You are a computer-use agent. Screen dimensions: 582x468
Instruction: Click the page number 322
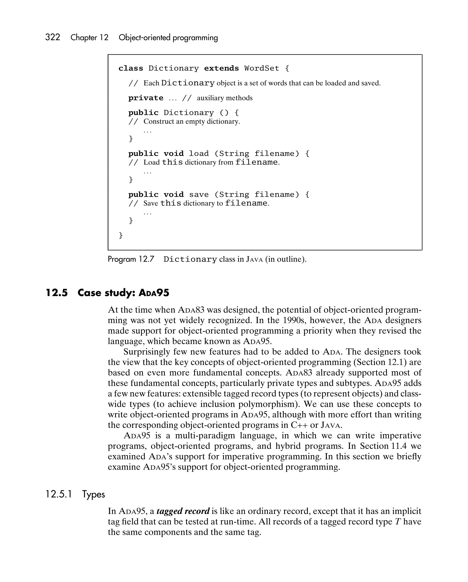(53, 37)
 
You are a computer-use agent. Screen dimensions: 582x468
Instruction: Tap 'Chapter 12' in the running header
(89, 37)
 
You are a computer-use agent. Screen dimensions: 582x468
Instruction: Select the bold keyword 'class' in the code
(131, 68)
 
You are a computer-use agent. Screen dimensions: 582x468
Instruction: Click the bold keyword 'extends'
(221, 68)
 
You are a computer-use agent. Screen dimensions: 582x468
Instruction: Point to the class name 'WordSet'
(262, 68)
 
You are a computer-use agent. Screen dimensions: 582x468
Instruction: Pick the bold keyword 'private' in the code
(146, 98)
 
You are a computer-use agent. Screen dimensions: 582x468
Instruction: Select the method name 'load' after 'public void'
(199, 154)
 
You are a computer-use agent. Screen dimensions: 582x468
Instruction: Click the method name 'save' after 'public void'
(199, 195)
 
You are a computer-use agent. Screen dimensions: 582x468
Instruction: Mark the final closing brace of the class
(121, 235)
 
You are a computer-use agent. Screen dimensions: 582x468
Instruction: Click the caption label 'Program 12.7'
(131, 259)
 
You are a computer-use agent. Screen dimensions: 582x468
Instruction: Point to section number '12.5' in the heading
(57, 293)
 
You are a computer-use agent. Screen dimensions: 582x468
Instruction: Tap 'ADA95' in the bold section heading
(154, 293)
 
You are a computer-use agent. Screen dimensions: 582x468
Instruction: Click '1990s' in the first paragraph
(295, 320)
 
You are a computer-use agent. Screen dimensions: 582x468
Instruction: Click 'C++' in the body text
(299, 425)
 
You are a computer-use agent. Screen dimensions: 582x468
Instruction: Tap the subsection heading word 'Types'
(93, 494)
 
